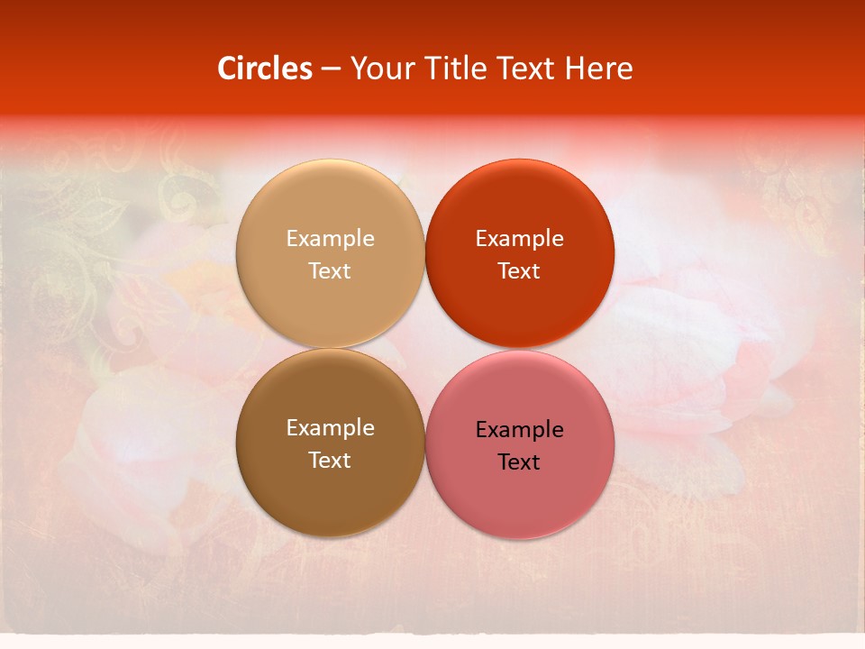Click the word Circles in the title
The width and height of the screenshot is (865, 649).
click(264, 69)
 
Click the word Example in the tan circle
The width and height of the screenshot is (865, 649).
click(330, 238)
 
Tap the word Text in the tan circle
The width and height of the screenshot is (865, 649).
click(330, 270)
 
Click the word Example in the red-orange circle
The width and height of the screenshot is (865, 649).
click(519, 238)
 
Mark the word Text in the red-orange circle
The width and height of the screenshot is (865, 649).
click(519, 270)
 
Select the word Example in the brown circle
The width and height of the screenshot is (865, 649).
click(330, 427)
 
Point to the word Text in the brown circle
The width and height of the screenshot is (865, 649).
click(330, 460)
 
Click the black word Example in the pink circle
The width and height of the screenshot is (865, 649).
click(519, 429)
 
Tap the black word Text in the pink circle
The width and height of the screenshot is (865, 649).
click(519, 462)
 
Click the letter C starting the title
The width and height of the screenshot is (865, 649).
click(227, 69)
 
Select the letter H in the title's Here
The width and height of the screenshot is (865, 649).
click(575, 69)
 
